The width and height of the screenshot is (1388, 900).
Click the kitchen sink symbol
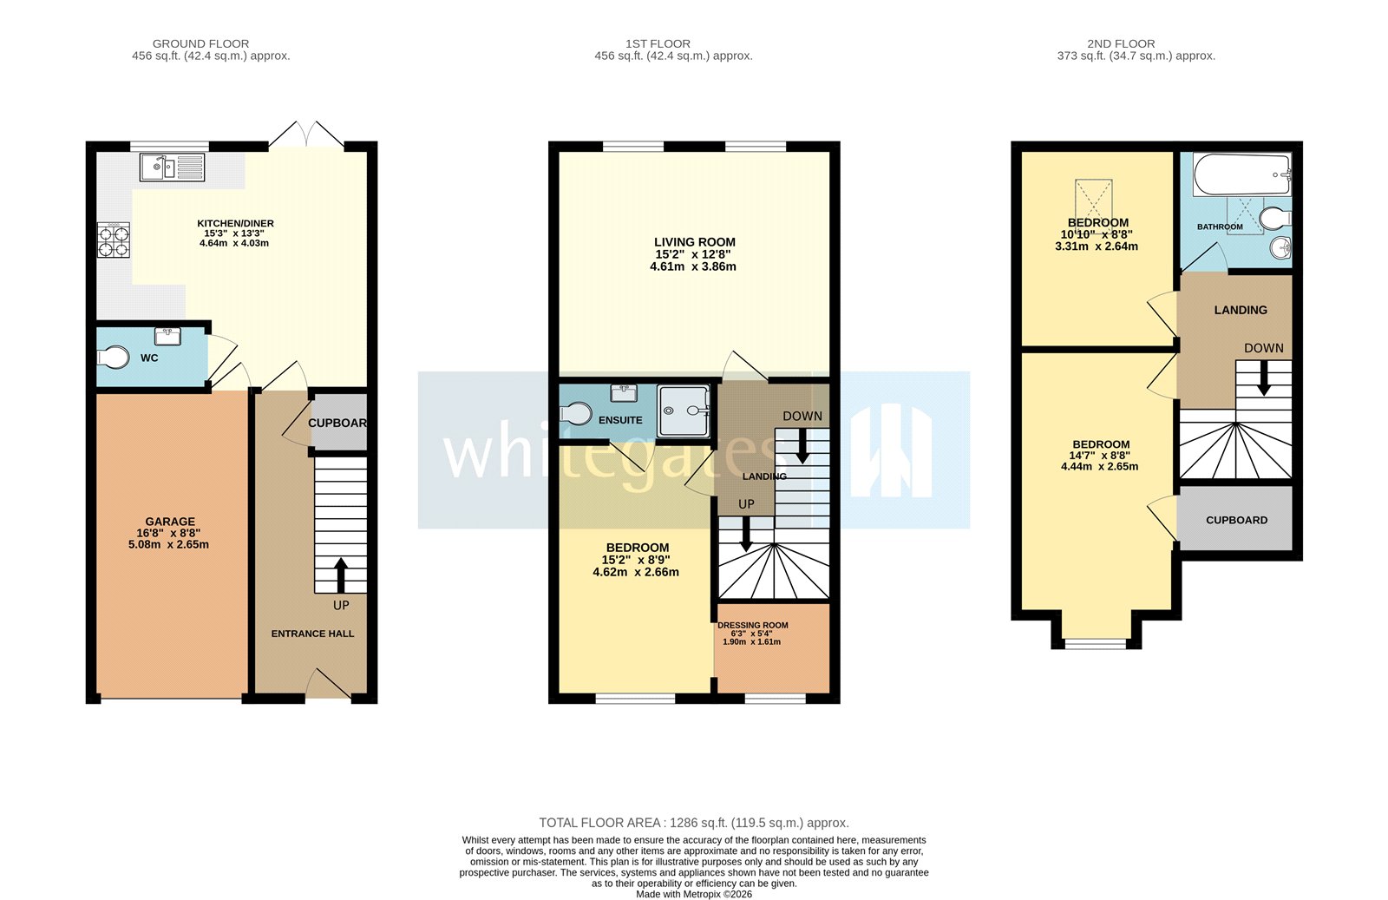click(x=171, y=167)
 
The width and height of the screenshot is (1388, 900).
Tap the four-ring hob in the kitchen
click(x=114, y=240)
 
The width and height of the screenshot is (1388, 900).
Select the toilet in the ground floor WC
click(x=114, y=357)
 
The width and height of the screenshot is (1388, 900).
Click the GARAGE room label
click(x=170, y=522)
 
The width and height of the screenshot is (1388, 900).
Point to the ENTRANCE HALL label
click(x=312, y=634)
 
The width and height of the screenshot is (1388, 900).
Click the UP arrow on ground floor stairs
click(x=340, y=574)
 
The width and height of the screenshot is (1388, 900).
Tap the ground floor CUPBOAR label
click(x=337, y=423)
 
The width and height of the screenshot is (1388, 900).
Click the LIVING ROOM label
click(x=694, y=242)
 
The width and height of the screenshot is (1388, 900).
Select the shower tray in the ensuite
click(x=684, y=410)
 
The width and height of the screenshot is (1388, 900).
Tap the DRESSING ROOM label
click(x=752, y=625)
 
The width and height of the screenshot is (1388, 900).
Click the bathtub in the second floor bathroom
click(x=1241, y=174)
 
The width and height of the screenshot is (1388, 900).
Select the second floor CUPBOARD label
click(x=1236, y=520)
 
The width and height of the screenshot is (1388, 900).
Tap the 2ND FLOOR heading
click(x=1121, y=43)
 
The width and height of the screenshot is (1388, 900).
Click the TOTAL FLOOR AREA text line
click(x=693, y=823)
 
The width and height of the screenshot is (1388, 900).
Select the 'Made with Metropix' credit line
click(x=693, y=894)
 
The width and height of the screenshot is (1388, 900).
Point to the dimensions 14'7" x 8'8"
click(x=1100, y=455)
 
